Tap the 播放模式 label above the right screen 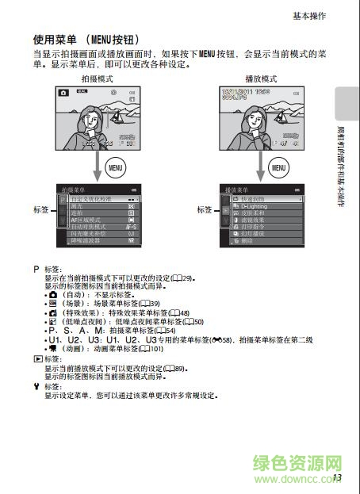coord(261,79)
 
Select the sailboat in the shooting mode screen coord(119,116)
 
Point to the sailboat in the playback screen coord(282,116)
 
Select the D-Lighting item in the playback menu coord(258,205)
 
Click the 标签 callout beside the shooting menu coord(40,209)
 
